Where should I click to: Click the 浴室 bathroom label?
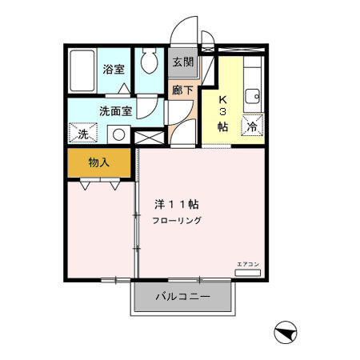pyautogui.click(x=114, y=69)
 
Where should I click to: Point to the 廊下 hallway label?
pyautogui.click(x=182, y=90)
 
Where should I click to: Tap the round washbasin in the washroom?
pyautogui.click(x=119, y=134)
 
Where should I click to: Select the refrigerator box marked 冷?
pyautogui.click(x=252, y=126)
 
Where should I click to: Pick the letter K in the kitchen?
pyautogui.click(x=223, y=100)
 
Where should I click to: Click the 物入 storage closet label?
pyautogui.click(x=99, y=162)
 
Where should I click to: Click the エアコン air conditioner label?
pyautogui.click(x=247, y=264)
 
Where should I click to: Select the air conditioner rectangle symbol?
pyautogui.click(x=247, y=274)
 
